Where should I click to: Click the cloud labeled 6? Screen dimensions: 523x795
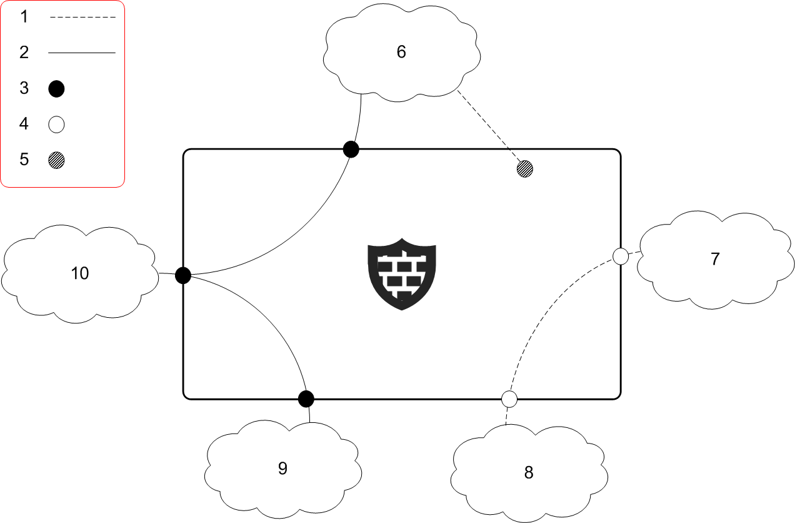402,53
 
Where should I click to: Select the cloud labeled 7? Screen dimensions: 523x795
715,259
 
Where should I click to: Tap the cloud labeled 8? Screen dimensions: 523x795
529,472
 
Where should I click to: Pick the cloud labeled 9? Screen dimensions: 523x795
282,469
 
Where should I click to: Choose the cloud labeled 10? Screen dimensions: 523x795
80,273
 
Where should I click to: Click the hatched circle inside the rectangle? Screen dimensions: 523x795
525,168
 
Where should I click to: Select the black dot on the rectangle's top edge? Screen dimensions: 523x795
351,150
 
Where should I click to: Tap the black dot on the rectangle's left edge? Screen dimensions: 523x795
182,275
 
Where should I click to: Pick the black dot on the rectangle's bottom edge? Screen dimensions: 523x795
306,399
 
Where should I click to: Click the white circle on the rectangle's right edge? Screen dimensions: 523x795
621,256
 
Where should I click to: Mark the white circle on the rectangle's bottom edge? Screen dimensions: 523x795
509,399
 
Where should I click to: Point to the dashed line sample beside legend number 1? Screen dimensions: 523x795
82,18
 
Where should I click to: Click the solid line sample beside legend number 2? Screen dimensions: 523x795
82,53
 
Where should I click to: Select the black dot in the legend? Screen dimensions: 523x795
57,89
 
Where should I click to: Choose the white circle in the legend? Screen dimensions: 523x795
57,125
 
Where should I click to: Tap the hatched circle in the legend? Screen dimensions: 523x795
57,161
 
